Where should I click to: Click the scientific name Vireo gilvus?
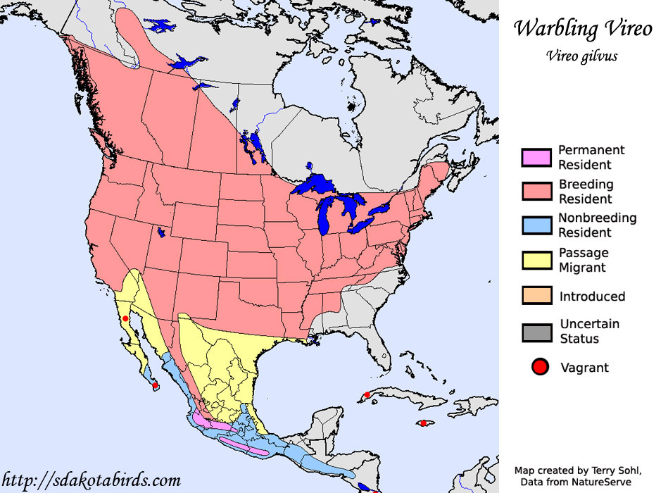coord(581,56)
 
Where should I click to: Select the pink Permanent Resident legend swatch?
coord(537,158)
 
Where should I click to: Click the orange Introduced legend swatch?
coord(537,296)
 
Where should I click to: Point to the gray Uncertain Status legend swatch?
coord(537,331)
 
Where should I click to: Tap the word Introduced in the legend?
coord(592,297)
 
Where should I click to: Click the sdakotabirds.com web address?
coord(92,481)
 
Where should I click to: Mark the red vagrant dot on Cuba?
coord(366,395)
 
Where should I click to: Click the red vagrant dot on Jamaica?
coord(423,423)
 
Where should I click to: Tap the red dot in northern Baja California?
coord(125,319)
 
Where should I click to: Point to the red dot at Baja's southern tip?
coord(155,385)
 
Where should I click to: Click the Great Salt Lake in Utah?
coord(163,232)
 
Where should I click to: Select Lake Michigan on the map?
coord(326,215)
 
